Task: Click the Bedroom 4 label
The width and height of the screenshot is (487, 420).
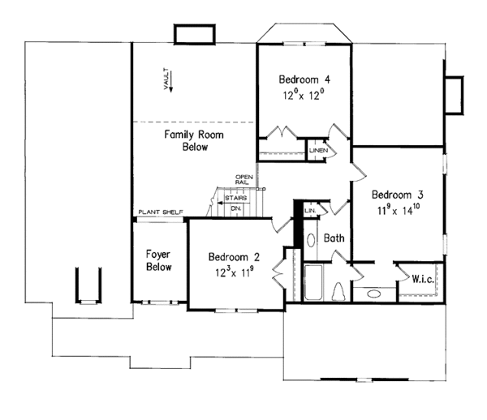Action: click(x=304, y=79)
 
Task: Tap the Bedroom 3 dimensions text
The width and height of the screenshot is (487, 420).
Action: click(x=398, y=210)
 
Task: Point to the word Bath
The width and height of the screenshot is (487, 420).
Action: click(x=334, y=239)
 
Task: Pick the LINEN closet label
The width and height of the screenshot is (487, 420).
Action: click(x=318, y=151)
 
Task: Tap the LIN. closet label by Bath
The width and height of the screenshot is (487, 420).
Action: click(x=309, y=210)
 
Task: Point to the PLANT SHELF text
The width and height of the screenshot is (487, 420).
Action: click(x=160, y=212)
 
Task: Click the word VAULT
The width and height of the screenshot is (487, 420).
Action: click(x=166, y=82)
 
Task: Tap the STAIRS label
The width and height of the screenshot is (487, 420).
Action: click(x=236, y=198)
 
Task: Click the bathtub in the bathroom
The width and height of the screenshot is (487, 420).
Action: click(x=314, y=281)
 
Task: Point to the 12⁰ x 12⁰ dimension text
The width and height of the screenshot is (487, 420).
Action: click(x=304, y=94)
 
